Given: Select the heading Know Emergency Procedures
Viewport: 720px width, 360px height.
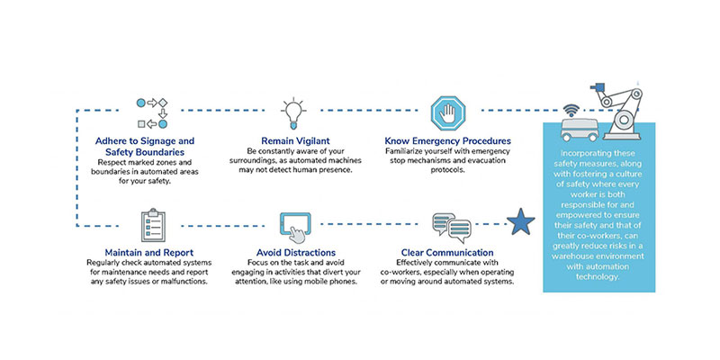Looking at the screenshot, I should click(x=447, y=141).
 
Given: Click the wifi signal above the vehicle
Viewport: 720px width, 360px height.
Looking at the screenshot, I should click(x=571, y=112).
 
